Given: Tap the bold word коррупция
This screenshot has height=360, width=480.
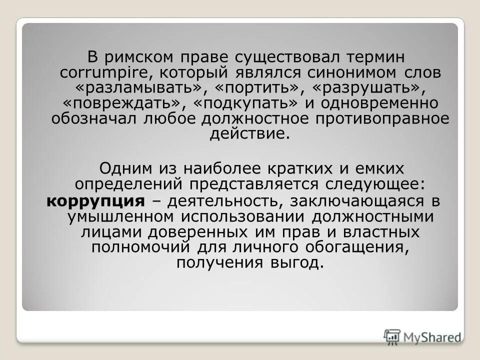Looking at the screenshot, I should [x=96, y=201].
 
